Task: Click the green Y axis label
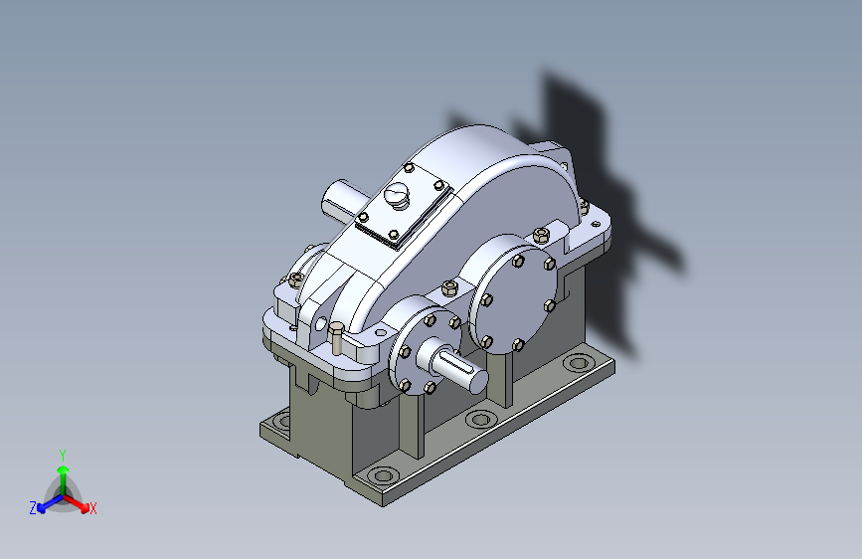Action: (63, 455)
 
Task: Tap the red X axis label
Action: (92, 508)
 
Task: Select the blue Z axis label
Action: (33, 508)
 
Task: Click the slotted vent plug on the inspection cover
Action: (397, 195)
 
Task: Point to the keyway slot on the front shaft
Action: (463, 369)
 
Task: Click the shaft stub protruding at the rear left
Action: (342, 200)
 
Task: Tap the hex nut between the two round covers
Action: (449, 287)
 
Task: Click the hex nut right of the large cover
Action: (541, 236)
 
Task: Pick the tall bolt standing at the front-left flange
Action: (336, 338)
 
